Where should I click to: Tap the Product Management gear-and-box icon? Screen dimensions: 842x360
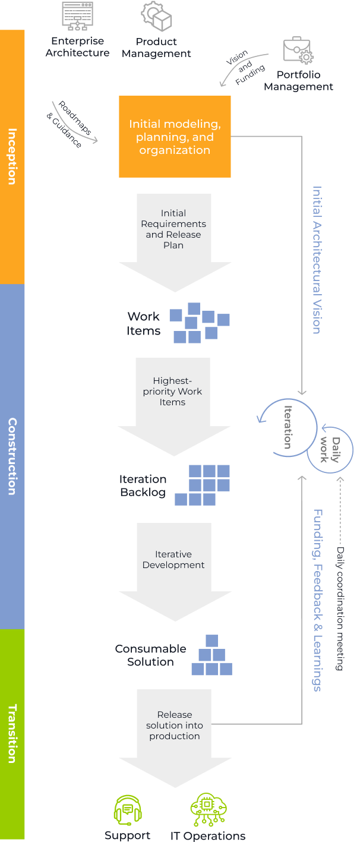[x=156, y=17]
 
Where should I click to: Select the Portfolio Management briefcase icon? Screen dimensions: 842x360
[x=298, y=52]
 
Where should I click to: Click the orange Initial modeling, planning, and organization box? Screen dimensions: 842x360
[x=175, y=137]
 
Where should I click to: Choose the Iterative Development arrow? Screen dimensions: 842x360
[x=173, y=565]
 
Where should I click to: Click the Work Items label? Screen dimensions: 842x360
[x=143, y=324]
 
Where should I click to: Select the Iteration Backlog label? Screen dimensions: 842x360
[x=143, y=485]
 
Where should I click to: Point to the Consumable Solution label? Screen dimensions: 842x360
[x=150, y=655]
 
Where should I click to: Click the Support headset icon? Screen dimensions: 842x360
[x=128, y=810]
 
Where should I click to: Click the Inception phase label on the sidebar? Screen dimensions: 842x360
[x=12, y=156]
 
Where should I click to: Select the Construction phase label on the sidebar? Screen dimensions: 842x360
[x=12, y=456]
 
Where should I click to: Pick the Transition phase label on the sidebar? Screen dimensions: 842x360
[x=12, y=733]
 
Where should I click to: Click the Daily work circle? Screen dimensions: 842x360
[x=331, y=450]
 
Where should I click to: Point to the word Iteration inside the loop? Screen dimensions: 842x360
[x=288, y=427]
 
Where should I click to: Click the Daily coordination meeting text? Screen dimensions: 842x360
[x=340, y=608]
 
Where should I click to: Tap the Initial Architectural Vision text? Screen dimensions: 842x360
[x=317, y=260]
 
